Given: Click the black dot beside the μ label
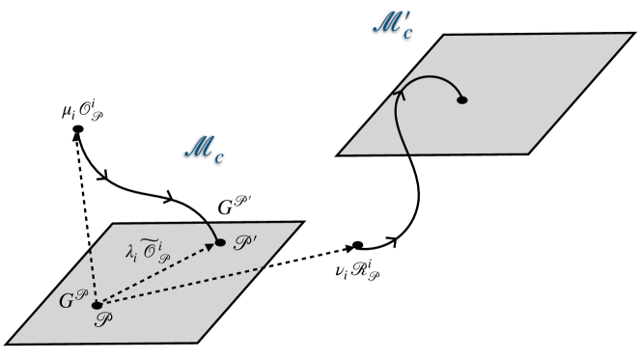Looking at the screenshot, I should pos(77,129).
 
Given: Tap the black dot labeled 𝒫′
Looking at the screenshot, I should pos(220,242).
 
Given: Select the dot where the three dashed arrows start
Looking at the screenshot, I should pos(96,306).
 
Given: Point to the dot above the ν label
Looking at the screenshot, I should pos(357,244).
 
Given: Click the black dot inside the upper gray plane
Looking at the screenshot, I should pos(462,99).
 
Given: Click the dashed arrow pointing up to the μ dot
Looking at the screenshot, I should pos(86,217).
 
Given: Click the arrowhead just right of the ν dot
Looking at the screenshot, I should pos(391,237).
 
